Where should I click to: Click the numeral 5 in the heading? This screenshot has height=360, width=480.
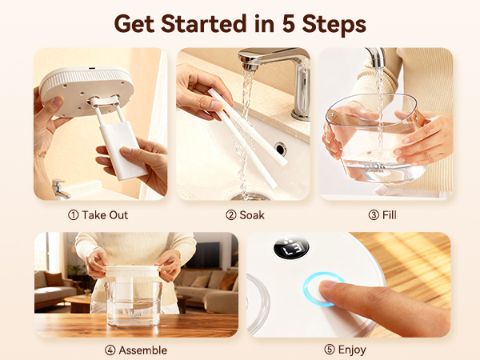288,23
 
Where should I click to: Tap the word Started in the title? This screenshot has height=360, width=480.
203,23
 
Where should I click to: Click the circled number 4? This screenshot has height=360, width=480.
110,350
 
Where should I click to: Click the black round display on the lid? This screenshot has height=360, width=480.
291,247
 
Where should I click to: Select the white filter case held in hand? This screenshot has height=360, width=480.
122,150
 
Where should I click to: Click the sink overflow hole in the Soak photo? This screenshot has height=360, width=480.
281,149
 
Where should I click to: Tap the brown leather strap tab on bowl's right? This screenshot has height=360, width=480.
418,118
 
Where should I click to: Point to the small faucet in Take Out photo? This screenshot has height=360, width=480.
60,189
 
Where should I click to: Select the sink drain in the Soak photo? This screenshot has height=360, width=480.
250,196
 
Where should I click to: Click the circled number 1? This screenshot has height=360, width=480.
73,215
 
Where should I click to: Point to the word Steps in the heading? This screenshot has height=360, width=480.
334,24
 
